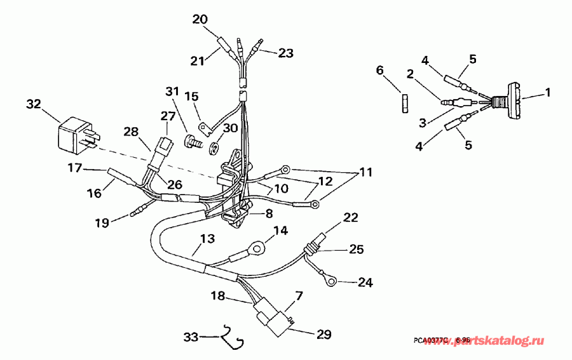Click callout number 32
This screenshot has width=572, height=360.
34,104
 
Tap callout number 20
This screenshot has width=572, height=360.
200,19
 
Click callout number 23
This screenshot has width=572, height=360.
285,53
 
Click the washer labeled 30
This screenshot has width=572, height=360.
215,149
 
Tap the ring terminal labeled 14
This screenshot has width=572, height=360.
258,245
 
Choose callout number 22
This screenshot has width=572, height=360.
350,218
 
